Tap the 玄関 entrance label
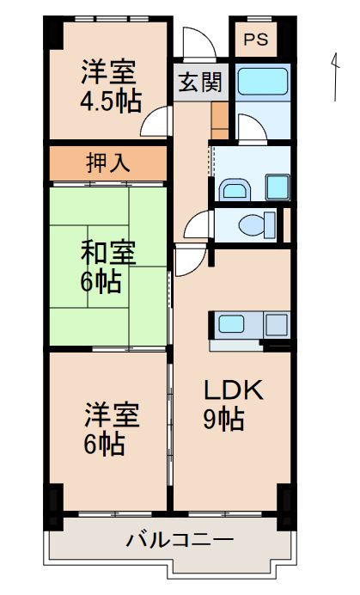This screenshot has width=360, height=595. [201, 83]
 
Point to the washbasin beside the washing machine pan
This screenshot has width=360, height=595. [234, 187]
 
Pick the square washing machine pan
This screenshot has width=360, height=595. [278, 187]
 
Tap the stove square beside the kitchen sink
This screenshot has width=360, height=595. [277, 326]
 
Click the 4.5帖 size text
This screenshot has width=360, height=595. [111, 101]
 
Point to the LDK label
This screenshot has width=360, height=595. [233, 390]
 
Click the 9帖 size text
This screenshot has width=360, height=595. [223, 420]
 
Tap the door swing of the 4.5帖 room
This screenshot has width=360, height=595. [158, 125]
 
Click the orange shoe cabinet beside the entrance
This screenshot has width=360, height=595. [219, 120]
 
